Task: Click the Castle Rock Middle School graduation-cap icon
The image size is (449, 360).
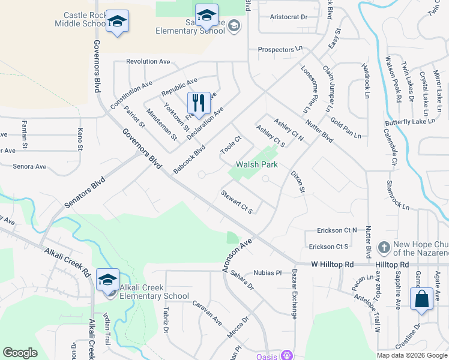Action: click(x=118, y=22)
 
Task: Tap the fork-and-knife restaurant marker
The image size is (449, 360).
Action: click(x=199, y=103)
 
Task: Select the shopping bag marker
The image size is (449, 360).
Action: click(x=422, y=299)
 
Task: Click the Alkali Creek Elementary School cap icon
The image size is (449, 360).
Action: click(x=108, y=280)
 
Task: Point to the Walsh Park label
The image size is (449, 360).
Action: click(x=256, y=164)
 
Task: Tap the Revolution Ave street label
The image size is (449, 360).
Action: click(x=148, y=62)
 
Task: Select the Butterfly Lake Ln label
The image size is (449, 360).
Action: click(x=409, y=122)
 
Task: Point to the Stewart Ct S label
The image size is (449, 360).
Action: click(x=237, y=202)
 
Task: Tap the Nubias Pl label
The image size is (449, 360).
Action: click(x=267, y=272)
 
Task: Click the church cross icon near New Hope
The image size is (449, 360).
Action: click(x=384, y=247)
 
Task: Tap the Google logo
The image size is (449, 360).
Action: click(x=20, y=353)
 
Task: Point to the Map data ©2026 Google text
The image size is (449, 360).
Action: click(x=411, y=355)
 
